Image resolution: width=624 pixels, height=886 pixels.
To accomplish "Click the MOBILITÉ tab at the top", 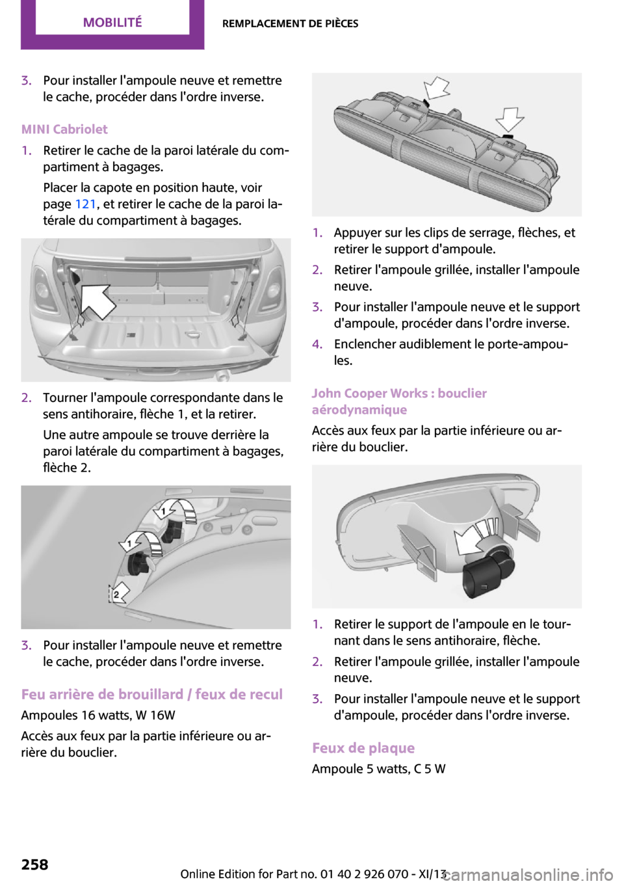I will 112,22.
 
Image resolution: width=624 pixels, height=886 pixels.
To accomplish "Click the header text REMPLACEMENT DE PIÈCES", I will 290,23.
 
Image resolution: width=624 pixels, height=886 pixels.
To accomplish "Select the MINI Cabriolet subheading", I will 64,129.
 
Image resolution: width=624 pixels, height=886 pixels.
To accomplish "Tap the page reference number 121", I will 85,204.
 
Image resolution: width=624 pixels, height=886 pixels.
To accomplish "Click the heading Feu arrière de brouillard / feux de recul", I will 152,694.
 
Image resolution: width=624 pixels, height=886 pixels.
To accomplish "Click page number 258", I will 34,864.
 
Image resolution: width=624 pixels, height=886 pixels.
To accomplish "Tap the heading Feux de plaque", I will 363,747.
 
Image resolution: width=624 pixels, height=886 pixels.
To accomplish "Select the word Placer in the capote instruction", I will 60,187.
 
